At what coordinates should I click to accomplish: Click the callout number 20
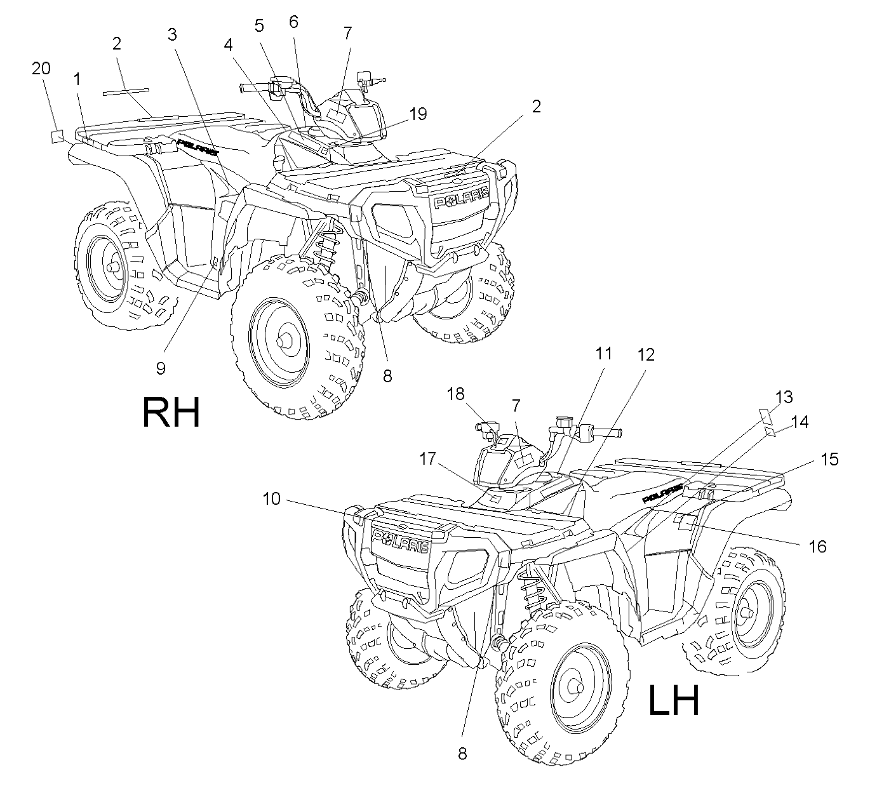pyautogui.click(x=41, y=68)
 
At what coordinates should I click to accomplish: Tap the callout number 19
pyautogui.click(x=418, y=114)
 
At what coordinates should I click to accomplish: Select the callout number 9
pyautogui.click(x=161, y=368)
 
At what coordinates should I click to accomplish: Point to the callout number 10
pyautogui.click(x=271, y=499)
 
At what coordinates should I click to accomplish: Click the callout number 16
pyautogui.click(x=817, y=547)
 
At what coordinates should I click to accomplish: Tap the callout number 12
pyautogui.click(x=646, y=354)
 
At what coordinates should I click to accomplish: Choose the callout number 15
pyautogui.click(x=829, y=459)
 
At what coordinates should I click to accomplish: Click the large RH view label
pyautogui.click(x=171, y=412)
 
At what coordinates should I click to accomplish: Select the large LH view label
pyautogui.click(x=674, y=700)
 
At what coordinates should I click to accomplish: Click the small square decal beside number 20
pyautogui.click(x=57, y=137)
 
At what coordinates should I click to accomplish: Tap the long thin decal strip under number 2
pyautogui.click(x=126, y=91)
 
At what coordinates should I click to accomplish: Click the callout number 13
pyautogui.click(x=784, y=397)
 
